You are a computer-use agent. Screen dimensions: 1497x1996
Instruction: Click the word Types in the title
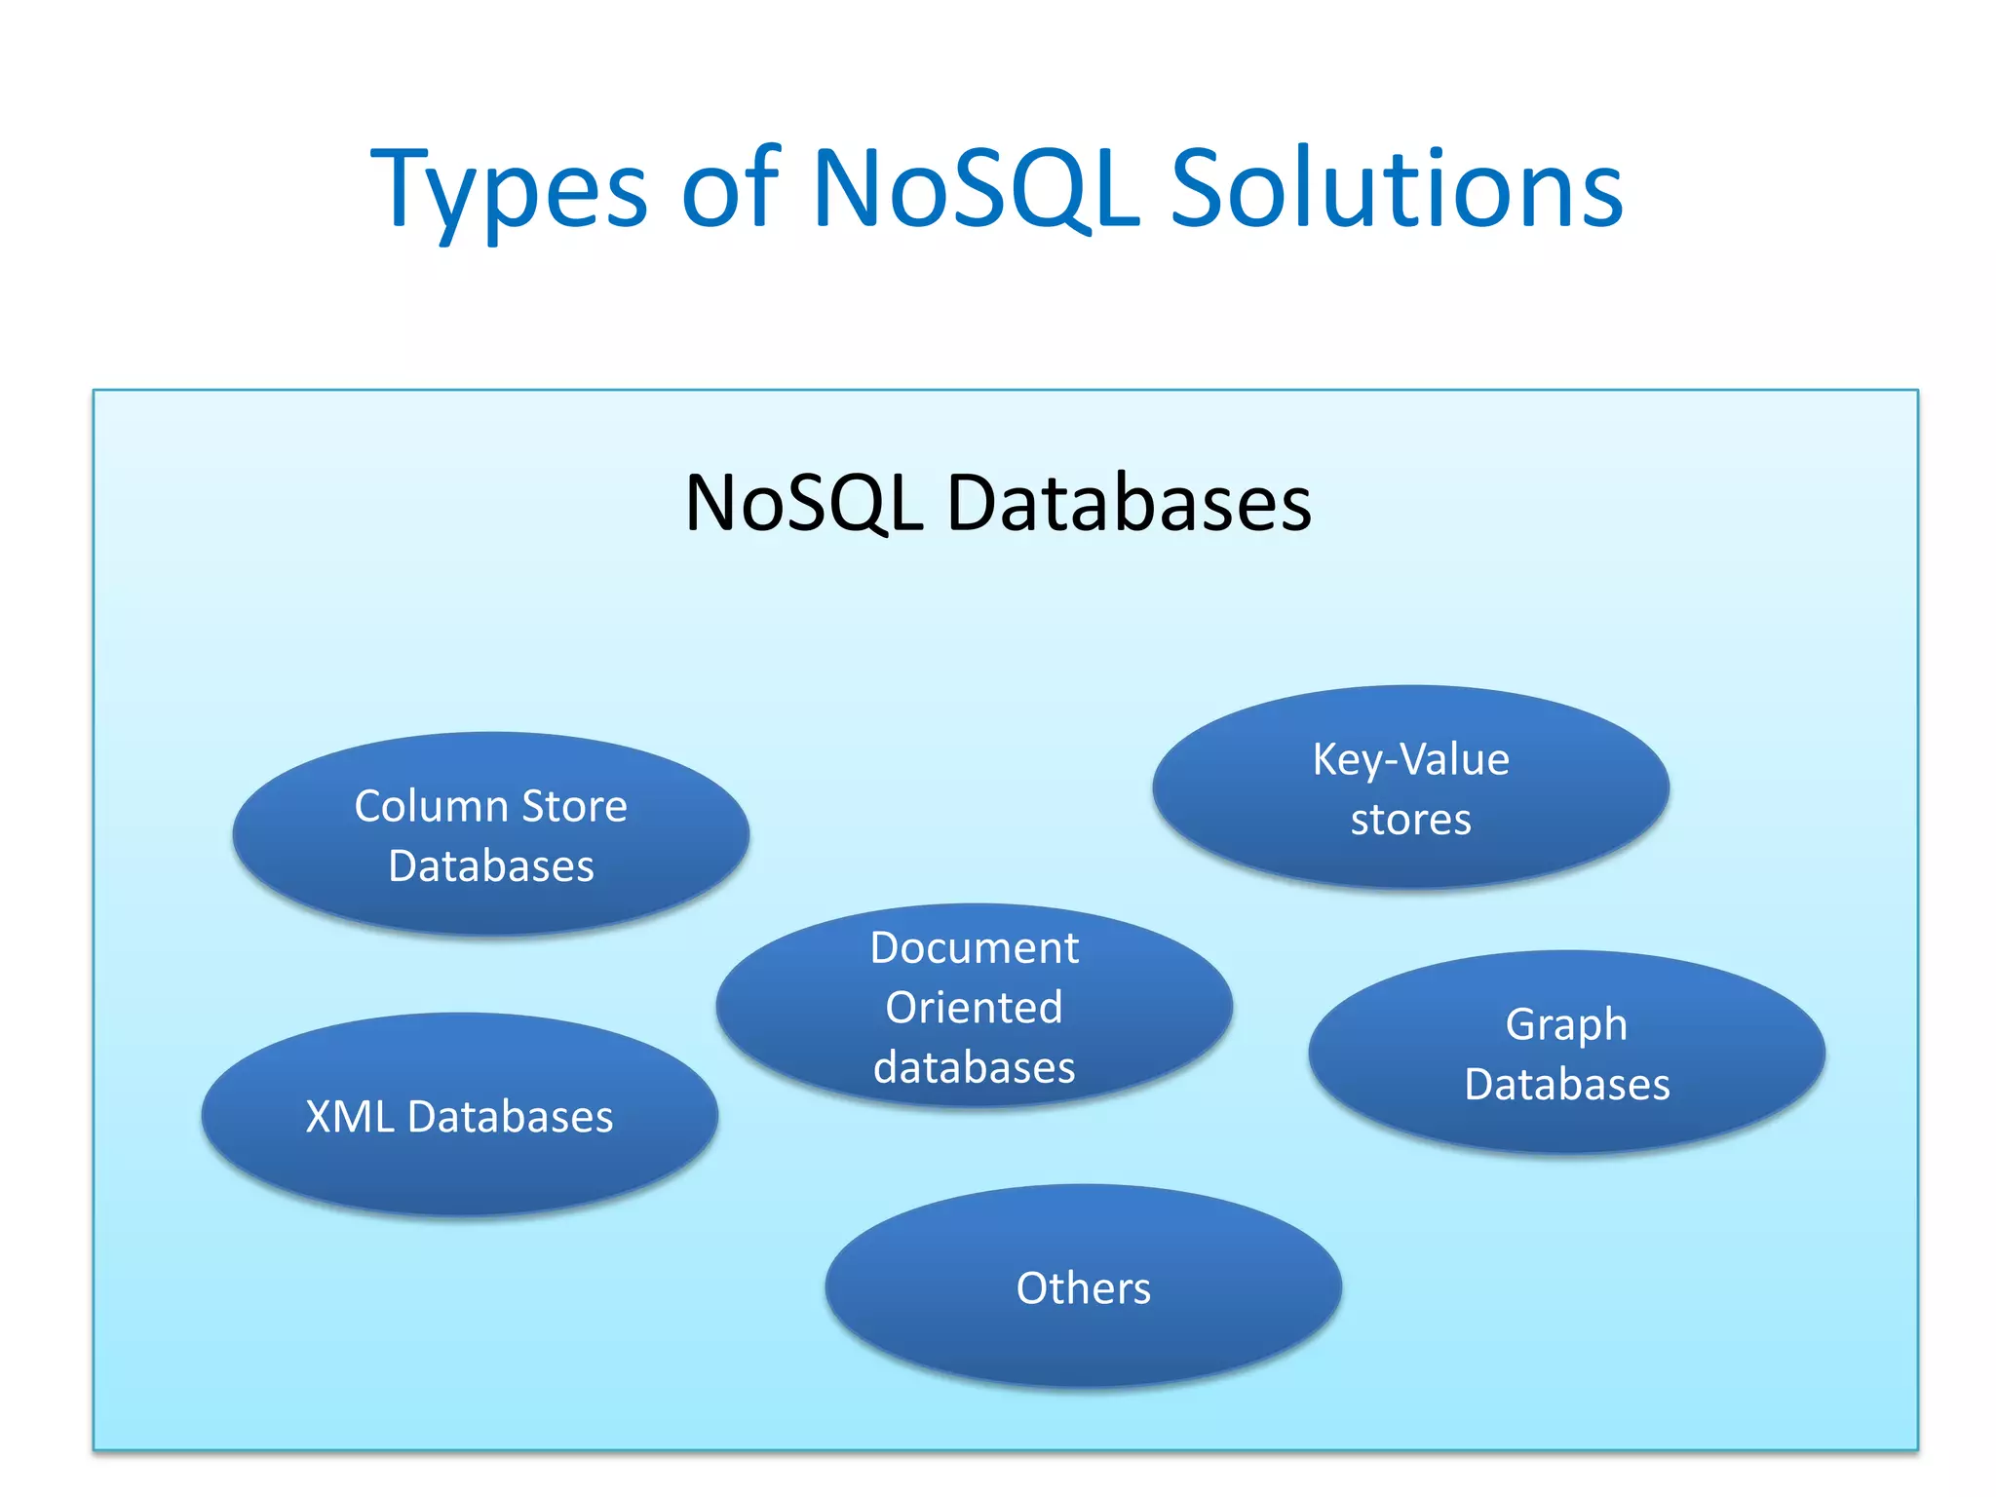pos(509,190)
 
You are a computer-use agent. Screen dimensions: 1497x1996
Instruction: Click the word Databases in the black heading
pos(1129,504)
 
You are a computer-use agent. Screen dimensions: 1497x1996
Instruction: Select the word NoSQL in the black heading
pos(804,504)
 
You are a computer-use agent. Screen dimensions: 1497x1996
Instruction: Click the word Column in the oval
pos(431,806)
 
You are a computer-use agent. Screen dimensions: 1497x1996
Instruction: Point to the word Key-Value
pos(1410,759)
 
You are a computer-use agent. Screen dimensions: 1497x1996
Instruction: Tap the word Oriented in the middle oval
pos(974,1007)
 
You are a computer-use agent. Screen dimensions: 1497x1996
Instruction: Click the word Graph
pos(1566,1024)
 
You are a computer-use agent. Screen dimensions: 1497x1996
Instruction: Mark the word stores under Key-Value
pos(1410,820)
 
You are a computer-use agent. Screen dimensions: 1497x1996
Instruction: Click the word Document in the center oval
pos(974,947)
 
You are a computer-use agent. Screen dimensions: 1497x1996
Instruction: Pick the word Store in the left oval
pos(574,806)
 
